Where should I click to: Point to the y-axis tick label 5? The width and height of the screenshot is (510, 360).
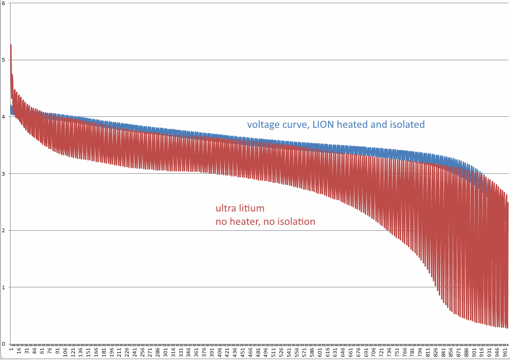pyautogui.click(x=3, y=60)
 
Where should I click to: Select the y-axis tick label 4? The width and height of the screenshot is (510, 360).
pyautogui.click(x=3, y=117)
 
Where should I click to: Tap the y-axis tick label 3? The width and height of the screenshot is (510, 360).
pyautogui.click(x=3, y=174)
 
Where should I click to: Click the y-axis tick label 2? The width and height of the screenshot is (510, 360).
pyautogui.click(x=3, y=230)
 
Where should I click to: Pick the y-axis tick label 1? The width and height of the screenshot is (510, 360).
pyautogui.click(x=3, y=287)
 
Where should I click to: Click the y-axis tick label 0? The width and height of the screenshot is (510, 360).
pyautogui.click(x=3, y=344)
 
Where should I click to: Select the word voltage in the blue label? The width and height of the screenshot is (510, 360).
pyautogui.click(x=262, y=125)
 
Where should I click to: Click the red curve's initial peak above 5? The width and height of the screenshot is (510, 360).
pyautogui.click(x=11, y=45)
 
